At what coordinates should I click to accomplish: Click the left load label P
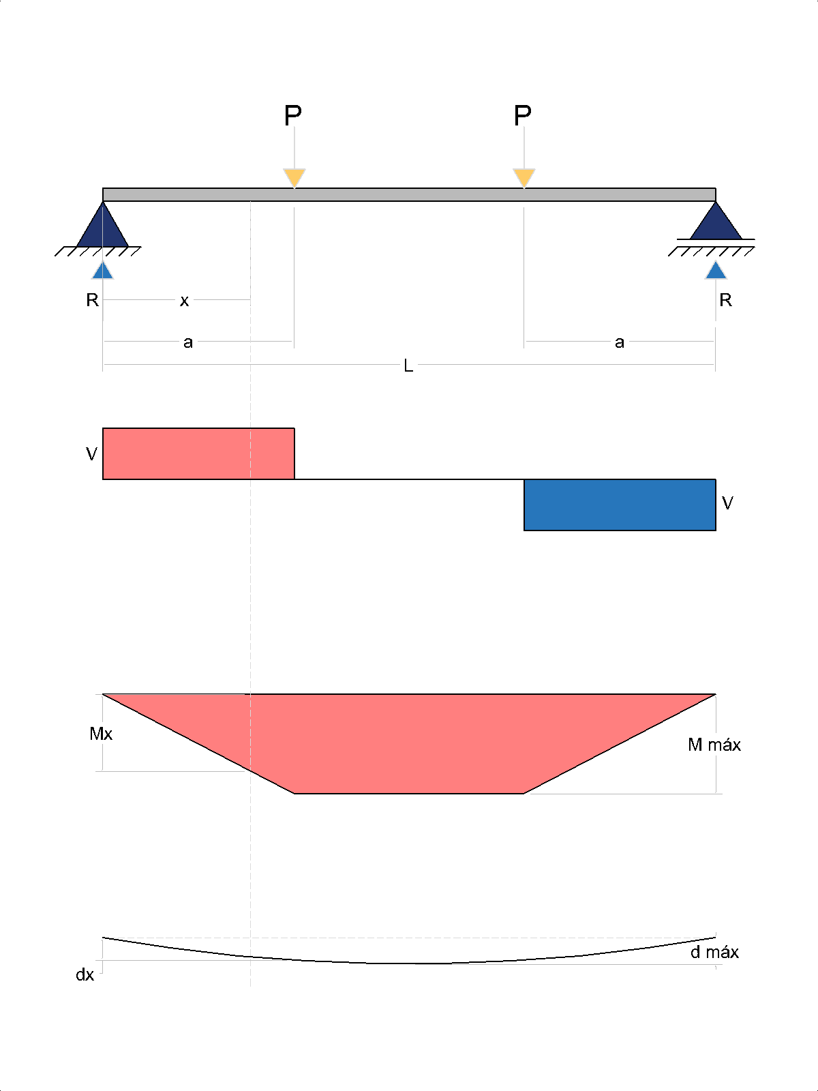[x=293, y=115]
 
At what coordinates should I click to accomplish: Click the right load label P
[x=522, y=115]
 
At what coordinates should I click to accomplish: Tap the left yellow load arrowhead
[x=294, y=178]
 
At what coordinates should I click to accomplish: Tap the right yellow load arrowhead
[x=524, y=178]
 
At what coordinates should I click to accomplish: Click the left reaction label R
[x=93, y=300]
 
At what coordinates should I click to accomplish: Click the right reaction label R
[x=725, y=300]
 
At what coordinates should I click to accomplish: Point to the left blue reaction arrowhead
[x=103, y=271]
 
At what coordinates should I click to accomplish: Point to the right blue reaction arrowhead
[x=716, y=271]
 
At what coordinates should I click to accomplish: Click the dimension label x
[x=184, y=301]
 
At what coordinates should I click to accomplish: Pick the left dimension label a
[x=187, y=342]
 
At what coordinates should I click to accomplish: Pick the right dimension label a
[x=620, y=342]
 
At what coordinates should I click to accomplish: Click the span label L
[x=408, y=365]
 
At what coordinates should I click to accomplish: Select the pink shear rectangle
[x=198, y=454]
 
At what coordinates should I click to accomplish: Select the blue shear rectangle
[x=620, y=505]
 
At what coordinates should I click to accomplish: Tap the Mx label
[x=101, y=734]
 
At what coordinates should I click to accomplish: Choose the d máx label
[x=714, y=952]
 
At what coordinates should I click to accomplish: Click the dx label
[x=85, y=974]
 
